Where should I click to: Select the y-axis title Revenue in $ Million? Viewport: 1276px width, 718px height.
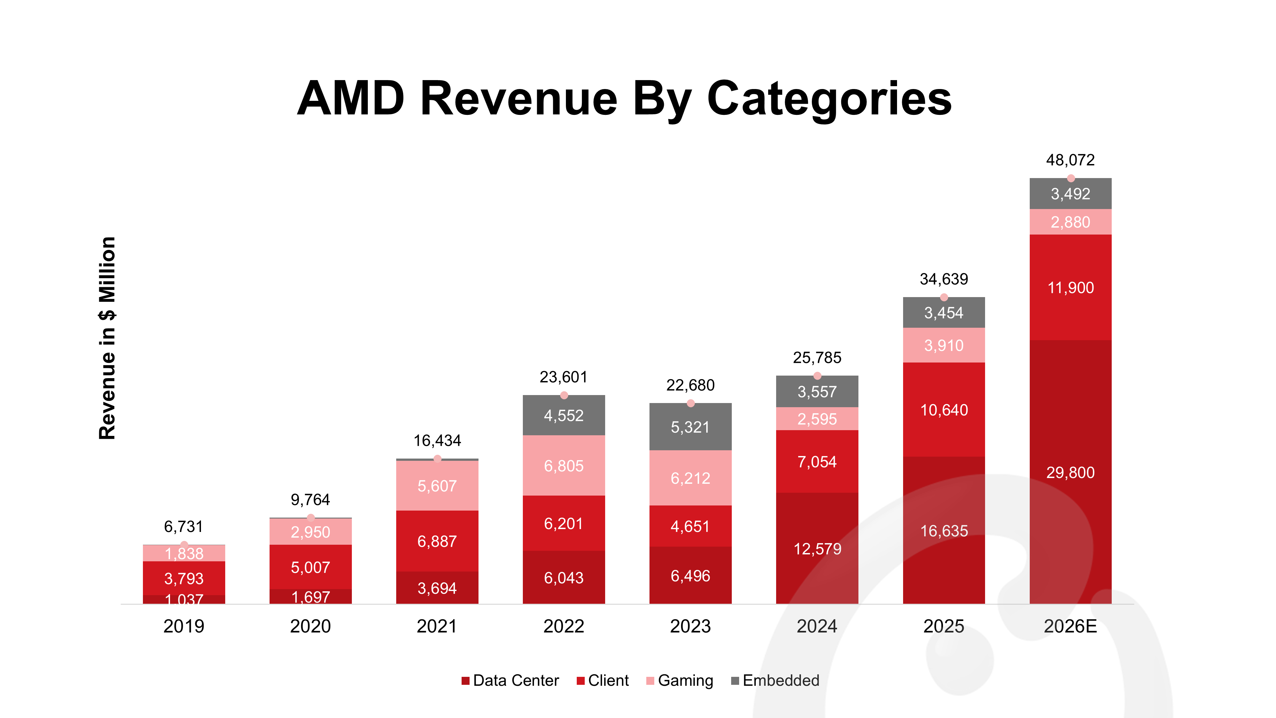tap(107, 338)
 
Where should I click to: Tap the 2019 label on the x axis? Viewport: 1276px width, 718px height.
tap(184, 626)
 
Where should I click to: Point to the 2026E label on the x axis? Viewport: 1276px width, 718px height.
tap(1071, 626)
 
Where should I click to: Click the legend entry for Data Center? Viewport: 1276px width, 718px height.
tap(510, 680)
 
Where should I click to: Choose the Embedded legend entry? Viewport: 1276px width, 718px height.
tap(775, 680)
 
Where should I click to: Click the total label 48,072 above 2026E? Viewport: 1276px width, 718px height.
tap(1071, 160)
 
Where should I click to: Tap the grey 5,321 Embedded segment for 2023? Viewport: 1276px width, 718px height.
tap(691, 427)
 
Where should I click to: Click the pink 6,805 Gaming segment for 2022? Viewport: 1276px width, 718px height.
tap(564, 465)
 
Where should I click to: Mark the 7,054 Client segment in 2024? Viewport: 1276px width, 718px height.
tap(817, 461)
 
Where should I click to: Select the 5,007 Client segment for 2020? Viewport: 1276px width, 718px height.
tap(311, 567)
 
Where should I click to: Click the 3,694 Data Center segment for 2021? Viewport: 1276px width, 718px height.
tap(437, 588)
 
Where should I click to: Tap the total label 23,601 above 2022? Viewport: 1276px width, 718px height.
tap(564, 377)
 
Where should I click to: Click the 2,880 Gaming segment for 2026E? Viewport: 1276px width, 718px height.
tap(1071, 222)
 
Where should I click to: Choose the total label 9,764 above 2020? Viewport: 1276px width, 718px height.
tap(311, 499)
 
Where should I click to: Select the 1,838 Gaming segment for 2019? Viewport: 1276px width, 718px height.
tap(184, 553)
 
